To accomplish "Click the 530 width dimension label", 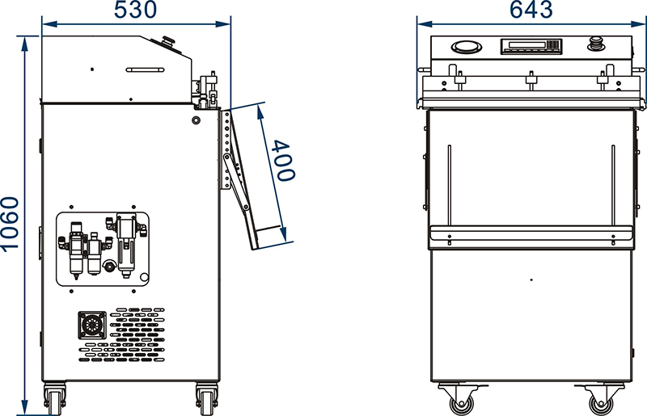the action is point(135,10).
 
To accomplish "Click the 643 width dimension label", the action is point(531,10).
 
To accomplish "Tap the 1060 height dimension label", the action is point(10,224).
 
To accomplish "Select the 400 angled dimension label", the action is point(285,161).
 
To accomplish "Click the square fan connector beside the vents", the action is point(92,326).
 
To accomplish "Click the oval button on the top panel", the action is point(467,47).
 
